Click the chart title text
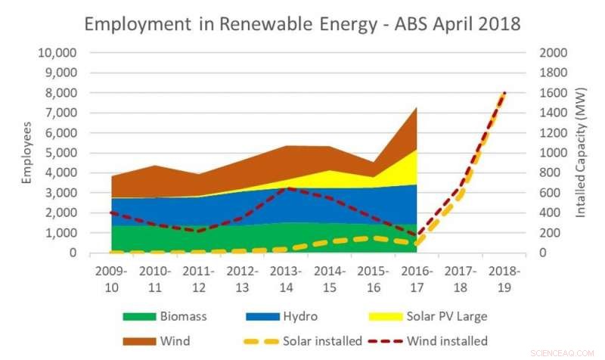(302, 23)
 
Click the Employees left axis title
(27, 152)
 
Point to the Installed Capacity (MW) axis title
(581, 152)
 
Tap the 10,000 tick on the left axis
(57, 53)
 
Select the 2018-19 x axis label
(501, 278)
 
